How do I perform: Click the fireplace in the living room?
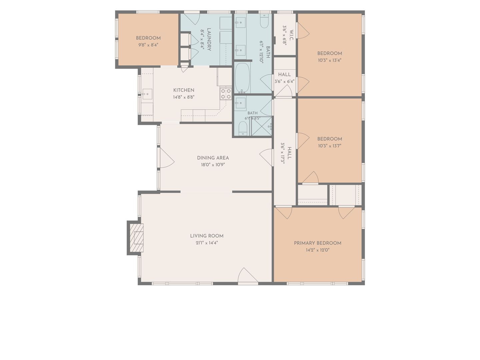(x=135, y=238)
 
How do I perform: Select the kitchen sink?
(x=147, y=94)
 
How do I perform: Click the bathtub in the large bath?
(x=242, y=78)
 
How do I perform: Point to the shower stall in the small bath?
(x=261, y=126)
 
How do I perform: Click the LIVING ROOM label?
(x=207, y=236)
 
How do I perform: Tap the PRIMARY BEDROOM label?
(x=318, y=243)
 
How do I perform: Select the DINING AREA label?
(x=213, y=158)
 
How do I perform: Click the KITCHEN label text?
(x=184, y=90)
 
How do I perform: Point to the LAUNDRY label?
(x=209, y=39)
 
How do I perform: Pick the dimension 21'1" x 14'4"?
(x=207, y=243)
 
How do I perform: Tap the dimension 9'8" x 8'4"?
(x=148, y=45)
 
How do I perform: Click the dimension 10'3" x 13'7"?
(x=330, y=146)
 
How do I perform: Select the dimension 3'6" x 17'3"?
(x=283, y=153)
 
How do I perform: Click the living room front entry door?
(x=248, y=276)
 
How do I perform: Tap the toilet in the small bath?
(x=243, y=128)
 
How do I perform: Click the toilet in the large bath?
(x=264, y=21)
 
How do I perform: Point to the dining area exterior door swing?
(x=167, y=158)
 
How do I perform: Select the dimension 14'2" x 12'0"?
(x=318, y=250)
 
